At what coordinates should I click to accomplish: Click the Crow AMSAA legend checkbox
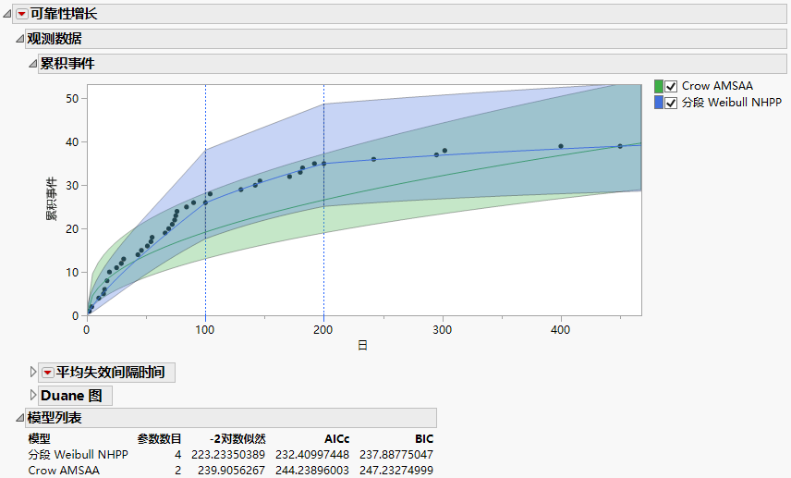(x=671, y=86)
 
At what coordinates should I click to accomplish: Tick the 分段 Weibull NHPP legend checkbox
(x=671, y=103)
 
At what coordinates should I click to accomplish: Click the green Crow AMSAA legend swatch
(x=658, y=86)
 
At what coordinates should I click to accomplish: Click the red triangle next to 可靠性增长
(x=23, y=14)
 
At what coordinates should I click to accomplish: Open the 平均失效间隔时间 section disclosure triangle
(x=34, y=373)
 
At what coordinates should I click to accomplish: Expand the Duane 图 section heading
(x=34, y=396)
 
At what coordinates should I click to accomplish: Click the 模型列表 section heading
(x=55, y=418)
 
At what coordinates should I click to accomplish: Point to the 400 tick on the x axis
(x=561, y=329)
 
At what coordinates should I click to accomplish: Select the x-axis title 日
(x=363, y=345)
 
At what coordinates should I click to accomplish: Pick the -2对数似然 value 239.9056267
(x=227, y=470)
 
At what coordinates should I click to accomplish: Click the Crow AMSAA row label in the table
(x=63, y=470)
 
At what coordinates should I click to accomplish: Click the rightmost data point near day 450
(x=620, y=146)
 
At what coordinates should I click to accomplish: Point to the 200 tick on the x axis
(x=323, y=329)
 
